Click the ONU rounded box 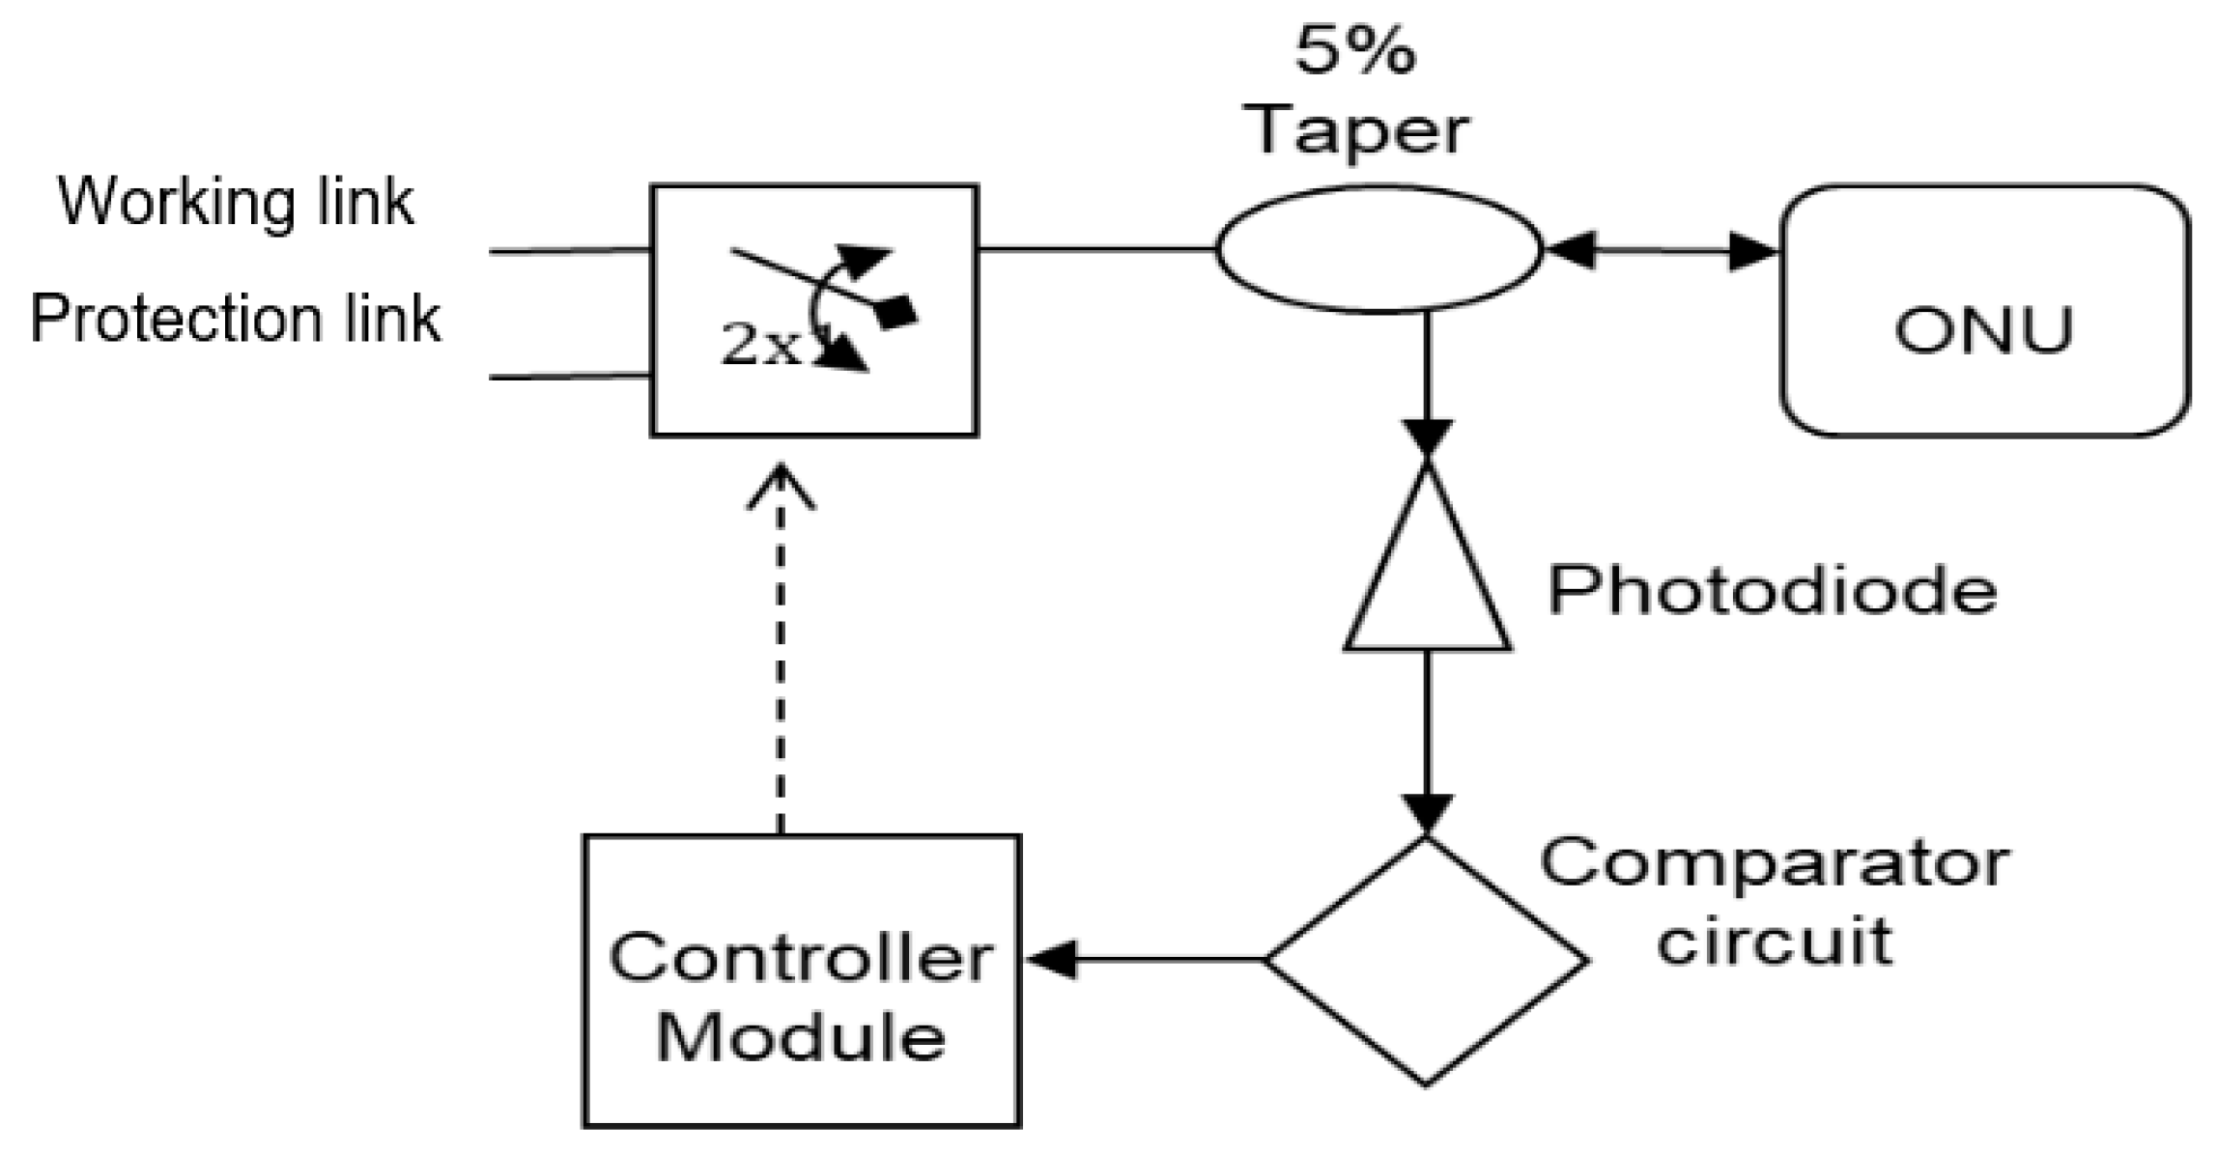(x=1984, y=311)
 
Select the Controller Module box (x=802, y=980)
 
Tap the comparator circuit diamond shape (x=1426, y=961)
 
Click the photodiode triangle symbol (x=1427, y=579)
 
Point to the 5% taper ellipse (x=1379, y=250)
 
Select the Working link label (x=237, y=202)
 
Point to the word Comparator (x=1775, y=862)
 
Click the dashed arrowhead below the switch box (x=781, y=488)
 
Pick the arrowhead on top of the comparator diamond (x=1427, y=814)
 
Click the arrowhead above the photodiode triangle (x=1427, y=436)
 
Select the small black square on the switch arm (x=897, y=312)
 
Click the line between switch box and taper (x=1096, y=249)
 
